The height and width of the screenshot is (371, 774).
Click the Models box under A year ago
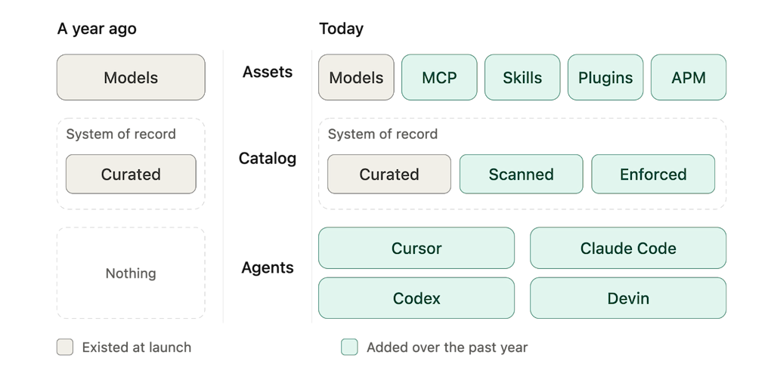(x=131, y=78)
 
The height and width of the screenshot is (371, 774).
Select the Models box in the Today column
(x=357, y=78)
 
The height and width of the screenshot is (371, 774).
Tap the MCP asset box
(x=439, y=78)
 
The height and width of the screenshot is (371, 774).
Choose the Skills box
(x=522, y=78)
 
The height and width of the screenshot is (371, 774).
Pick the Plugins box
(x=605, y=78)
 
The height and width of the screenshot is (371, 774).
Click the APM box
(x=689, y=78)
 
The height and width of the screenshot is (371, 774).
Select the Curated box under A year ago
(x=131, y=174)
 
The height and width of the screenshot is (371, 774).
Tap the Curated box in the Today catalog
(x=389, y=174)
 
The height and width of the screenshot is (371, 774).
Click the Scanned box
(x=522, y=174)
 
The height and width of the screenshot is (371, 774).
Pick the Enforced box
(x=653, y=174)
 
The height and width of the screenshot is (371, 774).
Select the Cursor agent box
(x=416, y=248)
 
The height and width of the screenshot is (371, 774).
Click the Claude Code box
(x=628, y=248)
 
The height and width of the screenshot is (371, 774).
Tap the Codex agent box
(x=416, y=298)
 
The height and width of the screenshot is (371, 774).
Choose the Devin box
(x=628, y=298)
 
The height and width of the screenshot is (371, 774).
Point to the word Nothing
(x=131, y=274)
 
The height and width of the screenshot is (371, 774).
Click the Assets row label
(x=268, y=72)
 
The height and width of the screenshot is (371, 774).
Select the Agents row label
(x=268, y=268)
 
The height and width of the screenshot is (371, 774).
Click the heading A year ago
(x=97, y=29)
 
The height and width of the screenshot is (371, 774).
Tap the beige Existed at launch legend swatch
(x=65, y=348)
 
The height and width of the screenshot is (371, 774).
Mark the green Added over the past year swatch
(x=349, y=348)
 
